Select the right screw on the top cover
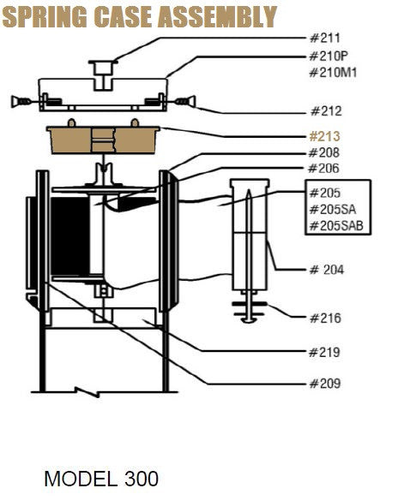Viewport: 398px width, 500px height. pyautogui.click(x=184, y=102)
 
